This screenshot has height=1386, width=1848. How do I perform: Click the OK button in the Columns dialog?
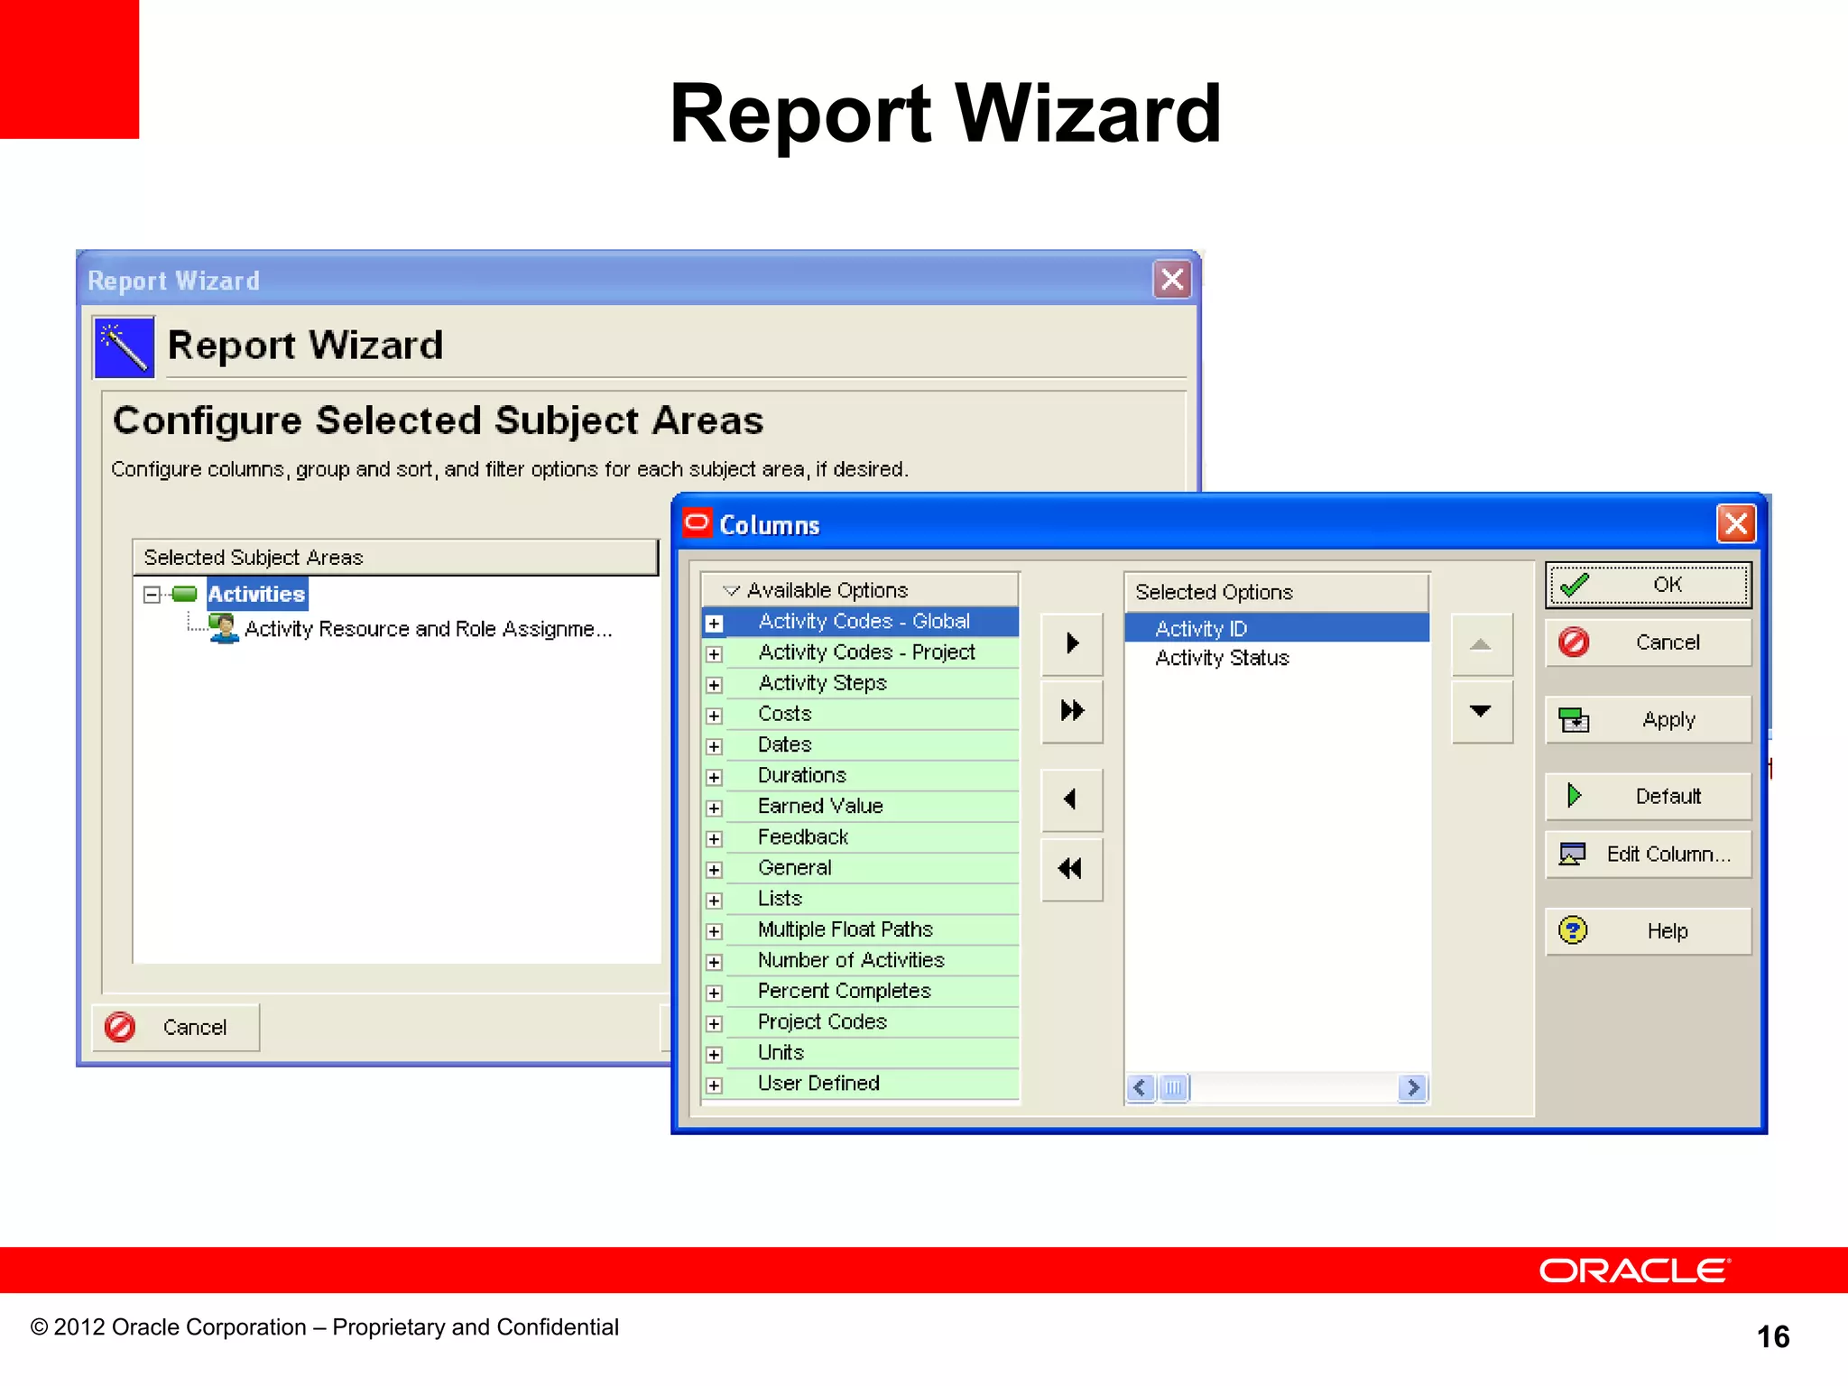[1648, 585]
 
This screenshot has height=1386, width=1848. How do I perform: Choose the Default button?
[1648, 796]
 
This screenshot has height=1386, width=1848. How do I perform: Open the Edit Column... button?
[1648, 854]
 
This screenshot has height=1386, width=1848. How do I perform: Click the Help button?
[1648, 931]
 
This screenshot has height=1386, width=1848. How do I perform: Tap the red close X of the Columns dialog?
[1736, 523]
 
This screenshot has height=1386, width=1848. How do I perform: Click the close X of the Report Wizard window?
[1172, 280]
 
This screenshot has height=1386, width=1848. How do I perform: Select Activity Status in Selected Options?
[1222, 658]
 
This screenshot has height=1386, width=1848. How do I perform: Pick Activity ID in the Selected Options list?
[1201, 628]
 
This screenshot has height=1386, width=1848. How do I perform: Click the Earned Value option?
[820, 806]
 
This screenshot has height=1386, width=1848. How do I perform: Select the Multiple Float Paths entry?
[845, 929]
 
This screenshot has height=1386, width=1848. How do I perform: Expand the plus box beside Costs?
[715, 716]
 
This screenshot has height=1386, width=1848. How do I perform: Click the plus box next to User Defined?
[715, 1086]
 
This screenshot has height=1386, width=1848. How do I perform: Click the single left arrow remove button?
[1071, 799]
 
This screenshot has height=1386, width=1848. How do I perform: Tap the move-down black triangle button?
[1481, 711]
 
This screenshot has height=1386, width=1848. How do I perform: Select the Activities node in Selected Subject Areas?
[256, 594]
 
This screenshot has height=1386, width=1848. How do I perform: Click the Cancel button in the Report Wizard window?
[176, 1027]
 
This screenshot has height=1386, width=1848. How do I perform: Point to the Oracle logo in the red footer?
[1634, 1270]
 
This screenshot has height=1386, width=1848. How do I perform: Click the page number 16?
[1772, 1336]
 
